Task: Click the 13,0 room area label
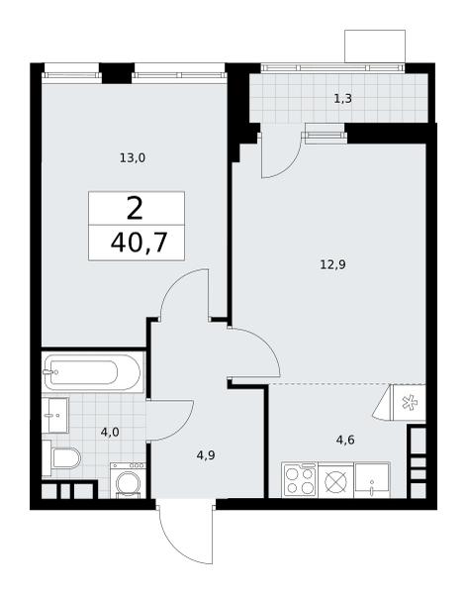click(x=133, y=157)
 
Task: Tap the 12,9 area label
click(x=332, y=264)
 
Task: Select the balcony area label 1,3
click(x=342, y=98)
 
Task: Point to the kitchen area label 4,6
click(x=345, y=440)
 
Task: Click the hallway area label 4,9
click(x=206, y=454)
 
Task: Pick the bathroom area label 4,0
click(x=110, y=432)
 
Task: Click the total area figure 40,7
click(x=139, y=243)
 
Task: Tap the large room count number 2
click(x=135, y=209)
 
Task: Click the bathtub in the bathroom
click(x=93, y=372)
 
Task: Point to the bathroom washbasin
click(x=55, y=415)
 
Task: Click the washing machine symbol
click(x=128, y=480)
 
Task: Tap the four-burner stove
click(x=300, y=480)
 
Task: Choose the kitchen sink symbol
click(x=372, y=480)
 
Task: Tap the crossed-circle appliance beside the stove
click(x=335, y=481)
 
